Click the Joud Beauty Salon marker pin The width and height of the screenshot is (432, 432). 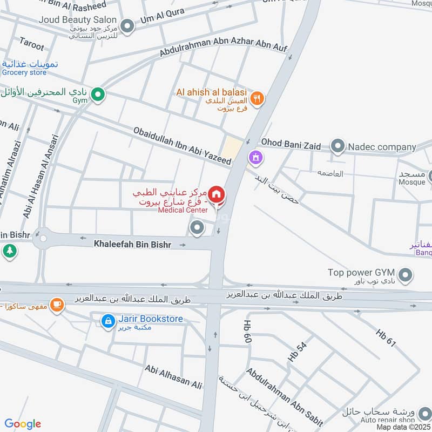[x=127, y=25]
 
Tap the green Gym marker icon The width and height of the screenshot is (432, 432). [x=98, y=95]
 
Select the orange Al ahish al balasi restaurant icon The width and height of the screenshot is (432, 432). [x=258, y=98]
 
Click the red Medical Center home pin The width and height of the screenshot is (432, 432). [x=217, y=195]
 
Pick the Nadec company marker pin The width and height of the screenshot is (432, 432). [x=337, y=146]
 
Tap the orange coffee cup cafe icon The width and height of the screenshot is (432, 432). [x=57, y=305]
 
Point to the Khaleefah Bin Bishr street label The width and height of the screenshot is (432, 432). [x=132, y=245]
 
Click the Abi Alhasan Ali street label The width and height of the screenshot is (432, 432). [x=173, y=376]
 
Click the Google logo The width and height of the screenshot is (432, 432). [x=23, y=424]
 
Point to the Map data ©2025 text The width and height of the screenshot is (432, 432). [x=403, y=427]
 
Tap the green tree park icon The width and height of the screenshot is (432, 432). [x=9, y=251]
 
